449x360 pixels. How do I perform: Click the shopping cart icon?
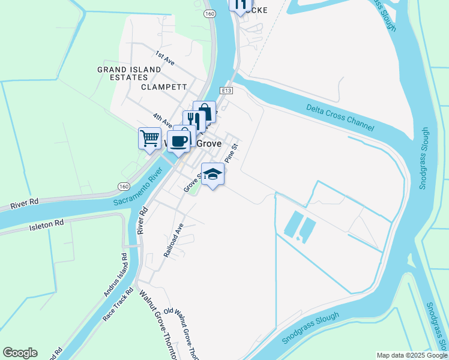(149, 137)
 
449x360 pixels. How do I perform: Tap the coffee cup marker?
(179, 141)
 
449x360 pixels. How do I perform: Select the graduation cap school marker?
(212, 175)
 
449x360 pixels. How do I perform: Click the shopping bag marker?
(204, 112)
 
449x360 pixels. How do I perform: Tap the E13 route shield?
(226, 91)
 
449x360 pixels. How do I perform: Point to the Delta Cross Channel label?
(340, 118)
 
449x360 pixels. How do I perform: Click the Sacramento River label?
(139, 187)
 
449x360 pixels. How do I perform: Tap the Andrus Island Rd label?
(115, 275)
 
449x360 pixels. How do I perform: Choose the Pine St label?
(231, 153)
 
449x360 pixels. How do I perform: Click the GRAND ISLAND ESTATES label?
(129, 73)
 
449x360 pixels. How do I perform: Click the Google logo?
(20, 353)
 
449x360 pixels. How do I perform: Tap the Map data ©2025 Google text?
(412, 355)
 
